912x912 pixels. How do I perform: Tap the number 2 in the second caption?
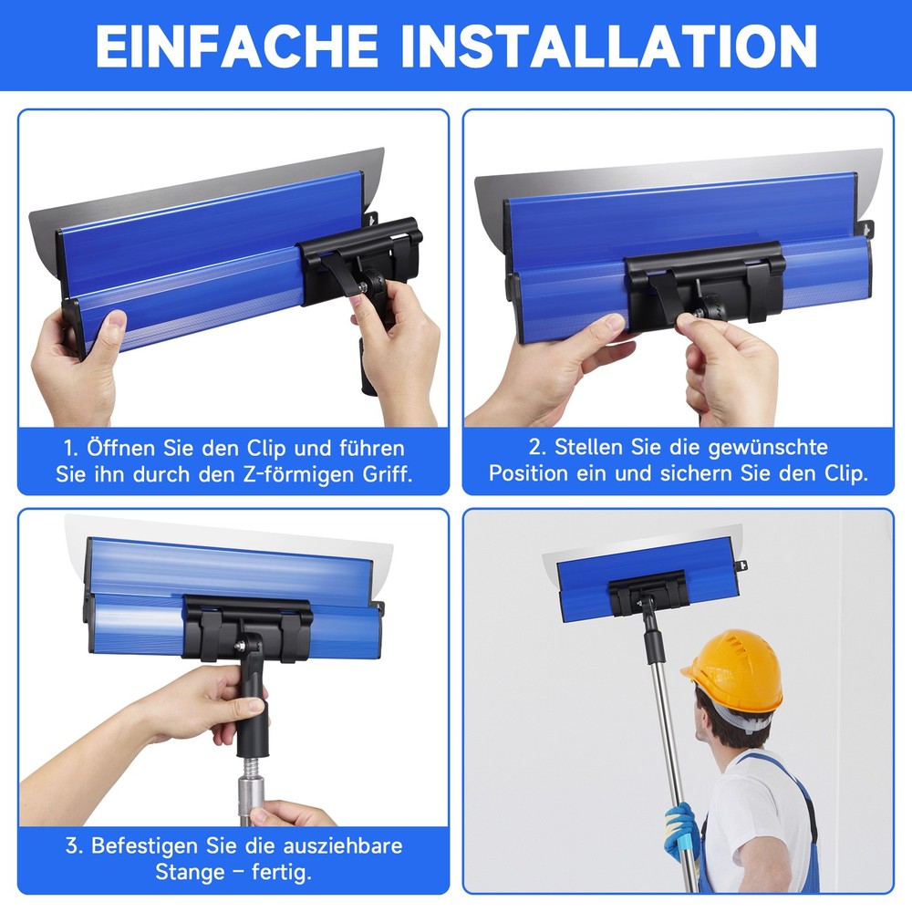[x=535, y=447]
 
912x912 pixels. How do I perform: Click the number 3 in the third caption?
[x=71, y=845]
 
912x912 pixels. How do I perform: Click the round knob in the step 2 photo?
[x=709, y=308]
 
